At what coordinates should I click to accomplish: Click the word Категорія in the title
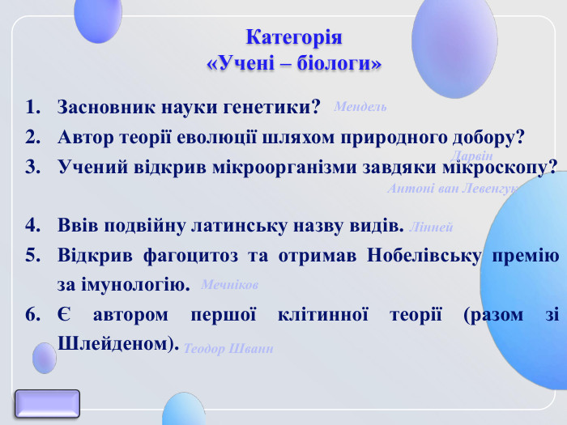tap(294, 38)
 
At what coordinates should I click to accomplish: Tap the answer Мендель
tap(360, 107)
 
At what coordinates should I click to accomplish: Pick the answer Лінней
tap(432, 227)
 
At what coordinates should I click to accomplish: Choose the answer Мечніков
tap(229, 286)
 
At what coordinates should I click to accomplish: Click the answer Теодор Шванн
tap(228, 349)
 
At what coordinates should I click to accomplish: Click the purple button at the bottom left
tap(48, 403)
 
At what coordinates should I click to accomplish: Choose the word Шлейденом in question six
tap(116, 344)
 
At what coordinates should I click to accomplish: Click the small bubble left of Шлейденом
tap(44, 357)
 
